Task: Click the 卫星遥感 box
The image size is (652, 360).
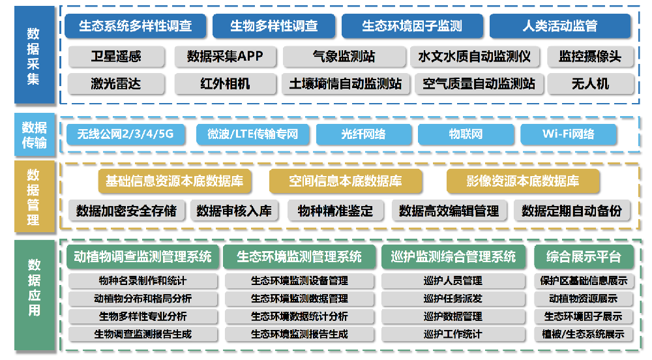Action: pyautogui.click(x=116, y=56)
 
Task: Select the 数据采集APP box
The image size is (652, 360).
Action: pyautogui.click(x=225, y=56)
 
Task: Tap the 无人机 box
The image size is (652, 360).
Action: pyautogui.click(x=591, y=84)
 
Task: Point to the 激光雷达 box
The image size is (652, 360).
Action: pyautogui.click(x=116, y=84)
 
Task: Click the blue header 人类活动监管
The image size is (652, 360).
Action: pyautogui.click(x=560, y=26)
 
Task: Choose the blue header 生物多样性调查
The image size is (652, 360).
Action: pyautogui.click(x=274, y=26)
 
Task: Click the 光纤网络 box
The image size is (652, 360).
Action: pyautogui.click(x=364, y=134)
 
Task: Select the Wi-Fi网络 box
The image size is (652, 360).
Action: pyautogui.click(x=568, y=134)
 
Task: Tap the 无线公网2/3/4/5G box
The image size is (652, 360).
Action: pyautogui.click(x=126, y=134)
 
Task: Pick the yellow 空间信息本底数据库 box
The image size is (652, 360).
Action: pyautogui.click(x=346, y=181)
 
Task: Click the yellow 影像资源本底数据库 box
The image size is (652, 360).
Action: pyautogui.click(x=523, y=181)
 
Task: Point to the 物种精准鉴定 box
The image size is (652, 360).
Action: pyautogui.click(x=335, y=211)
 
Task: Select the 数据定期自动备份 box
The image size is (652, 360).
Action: pyautogui.click(x=572, y=211)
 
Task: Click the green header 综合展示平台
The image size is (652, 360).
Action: pyautogui.click(x=584, y=256)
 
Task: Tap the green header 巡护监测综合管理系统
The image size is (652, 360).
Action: pyautogui.click(x=453, y=256)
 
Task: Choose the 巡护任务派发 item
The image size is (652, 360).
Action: pyautogui.click(x=453, y=299)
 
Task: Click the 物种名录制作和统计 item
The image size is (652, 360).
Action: pyautogui.click(x=143, y=281)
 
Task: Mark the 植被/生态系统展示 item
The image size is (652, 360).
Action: pyautogui.click(x=584, y=334)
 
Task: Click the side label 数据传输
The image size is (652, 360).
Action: pyautogui.click(x=35, y=135)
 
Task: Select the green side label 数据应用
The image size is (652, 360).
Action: pyautogui.click(x=35, y=295)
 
